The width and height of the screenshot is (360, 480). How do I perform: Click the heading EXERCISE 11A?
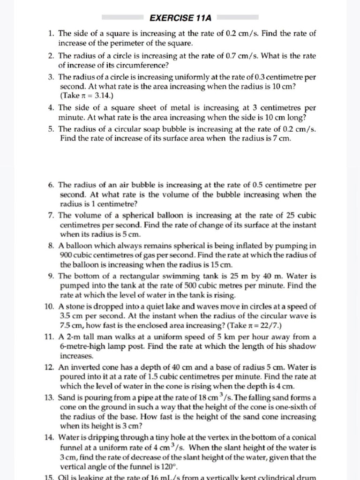point(180,18)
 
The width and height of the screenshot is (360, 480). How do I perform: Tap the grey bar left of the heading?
point(122,18)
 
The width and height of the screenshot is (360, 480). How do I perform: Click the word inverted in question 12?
point(87,367)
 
